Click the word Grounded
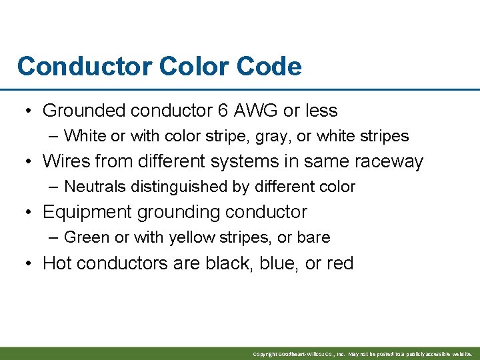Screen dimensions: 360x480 84,111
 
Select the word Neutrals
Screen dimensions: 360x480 95,187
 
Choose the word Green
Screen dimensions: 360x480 83,237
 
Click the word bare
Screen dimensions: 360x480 315,237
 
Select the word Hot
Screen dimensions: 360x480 56,263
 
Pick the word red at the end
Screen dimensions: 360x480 340,263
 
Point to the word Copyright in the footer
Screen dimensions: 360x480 265,354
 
